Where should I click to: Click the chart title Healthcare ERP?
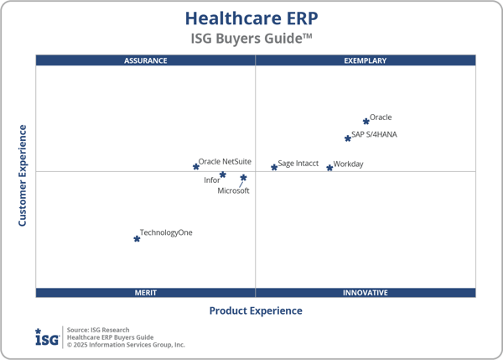coord(251,18)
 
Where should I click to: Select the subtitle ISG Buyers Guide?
coord(251,39)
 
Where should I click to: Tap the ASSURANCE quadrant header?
coord(146,60)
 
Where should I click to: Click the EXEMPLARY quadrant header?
coord(366,60)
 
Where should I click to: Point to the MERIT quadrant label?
coord(146,293)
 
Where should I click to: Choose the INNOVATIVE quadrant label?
coord(366,293)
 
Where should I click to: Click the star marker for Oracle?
coord(366,122)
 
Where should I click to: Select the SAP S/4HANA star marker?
coord(348,138)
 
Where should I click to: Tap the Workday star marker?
coord(329,168)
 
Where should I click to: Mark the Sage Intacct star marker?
coord(274,168)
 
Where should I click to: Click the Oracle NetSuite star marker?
coord(196,166)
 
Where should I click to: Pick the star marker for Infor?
coord(223,175)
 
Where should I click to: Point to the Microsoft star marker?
coord(244,178)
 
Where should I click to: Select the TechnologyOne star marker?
coord(137,239)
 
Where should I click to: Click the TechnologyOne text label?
coord(166,232)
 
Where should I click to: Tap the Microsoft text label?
coord(233,191)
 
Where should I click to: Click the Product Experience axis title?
coord(256,310)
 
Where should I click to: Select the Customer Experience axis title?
coord(23,175)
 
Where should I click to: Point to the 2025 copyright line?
coord(126,345)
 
